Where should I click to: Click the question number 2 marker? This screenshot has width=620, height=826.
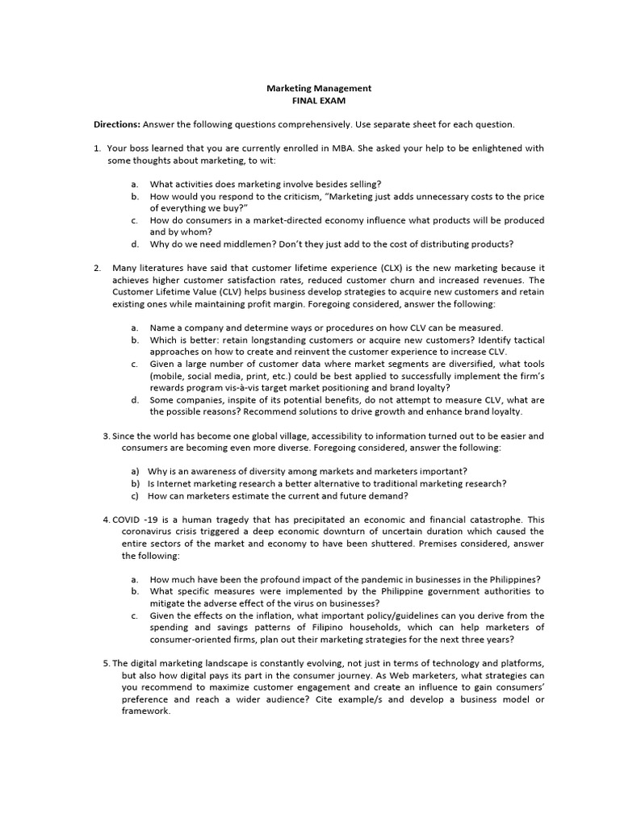(96, 267)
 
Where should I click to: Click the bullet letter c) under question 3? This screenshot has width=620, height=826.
(136, 495)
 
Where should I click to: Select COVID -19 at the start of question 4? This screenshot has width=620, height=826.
(138, 519)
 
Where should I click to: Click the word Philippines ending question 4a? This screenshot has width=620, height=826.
(513, 579)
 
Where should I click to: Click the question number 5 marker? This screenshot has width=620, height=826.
(106, 663)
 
